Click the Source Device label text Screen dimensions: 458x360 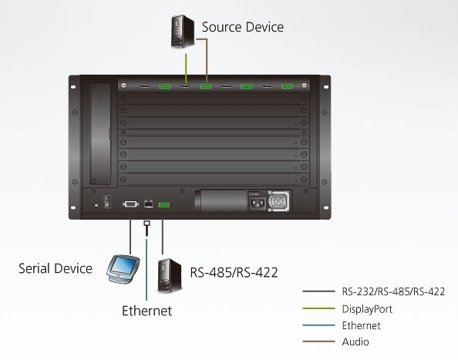[242, 27]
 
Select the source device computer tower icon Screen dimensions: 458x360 [183, 32]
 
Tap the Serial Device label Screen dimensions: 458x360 [56, 268]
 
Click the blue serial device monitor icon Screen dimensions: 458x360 [123, 269]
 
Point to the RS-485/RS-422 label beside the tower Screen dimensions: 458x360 [234, 272]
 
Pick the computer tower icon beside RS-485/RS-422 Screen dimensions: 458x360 [170, 276]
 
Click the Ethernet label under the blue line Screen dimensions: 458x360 [147, 311]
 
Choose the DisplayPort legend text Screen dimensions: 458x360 [367, 309]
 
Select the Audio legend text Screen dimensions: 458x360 [355, 341]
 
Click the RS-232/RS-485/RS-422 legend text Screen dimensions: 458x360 [393, 291]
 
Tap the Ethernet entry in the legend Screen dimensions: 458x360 [362, 325]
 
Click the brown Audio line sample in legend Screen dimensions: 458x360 [318, 341]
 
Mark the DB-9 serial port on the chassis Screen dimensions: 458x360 [130, 204]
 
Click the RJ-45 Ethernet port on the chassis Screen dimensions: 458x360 [149, 204]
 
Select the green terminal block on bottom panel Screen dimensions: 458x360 [164, 205]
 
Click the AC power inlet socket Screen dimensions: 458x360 [258, 204]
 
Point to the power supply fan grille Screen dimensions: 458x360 [278, 201]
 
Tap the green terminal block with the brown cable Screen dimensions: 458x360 [206, 86]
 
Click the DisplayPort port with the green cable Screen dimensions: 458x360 [185, 86]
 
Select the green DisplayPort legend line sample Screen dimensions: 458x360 [318, 308]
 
